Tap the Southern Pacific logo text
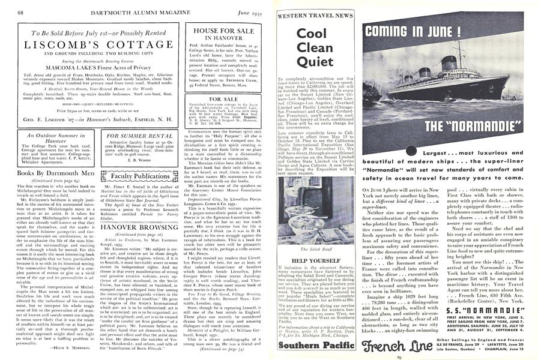pyautogui.click(x=306, y=346)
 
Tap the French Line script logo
pyautogui.click(x=393, y=347)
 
